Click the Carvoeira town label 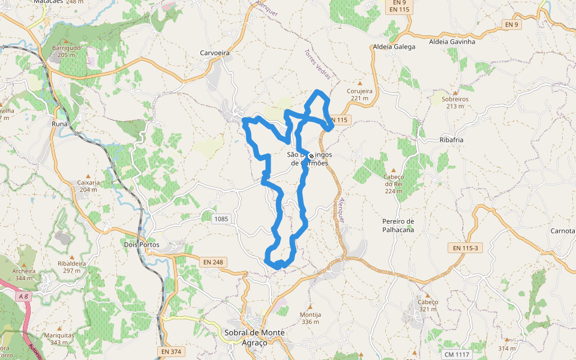tap(215, 53)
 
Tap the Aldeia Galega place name tap(394, 46)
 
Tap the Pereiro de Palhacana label tap(398, 225)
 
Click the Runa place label tap(60, 124)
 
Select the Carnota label tap(563, 231)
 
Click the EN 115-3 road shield tap(466, 248)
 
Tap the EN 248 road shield tap(213, 262)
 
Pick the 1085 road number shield tap(221, 218)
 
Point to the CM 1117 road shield tap(454, 355)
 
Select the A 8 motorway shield tap(23, 296)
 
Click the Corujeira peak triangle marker tap(360, 83)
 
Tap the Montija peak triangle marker tap(310, 307)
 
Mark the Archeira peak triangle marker tap(23, 263)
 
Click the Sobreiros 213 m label tap(454, 103)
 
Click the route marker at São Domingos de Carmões tap(311, 156)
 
